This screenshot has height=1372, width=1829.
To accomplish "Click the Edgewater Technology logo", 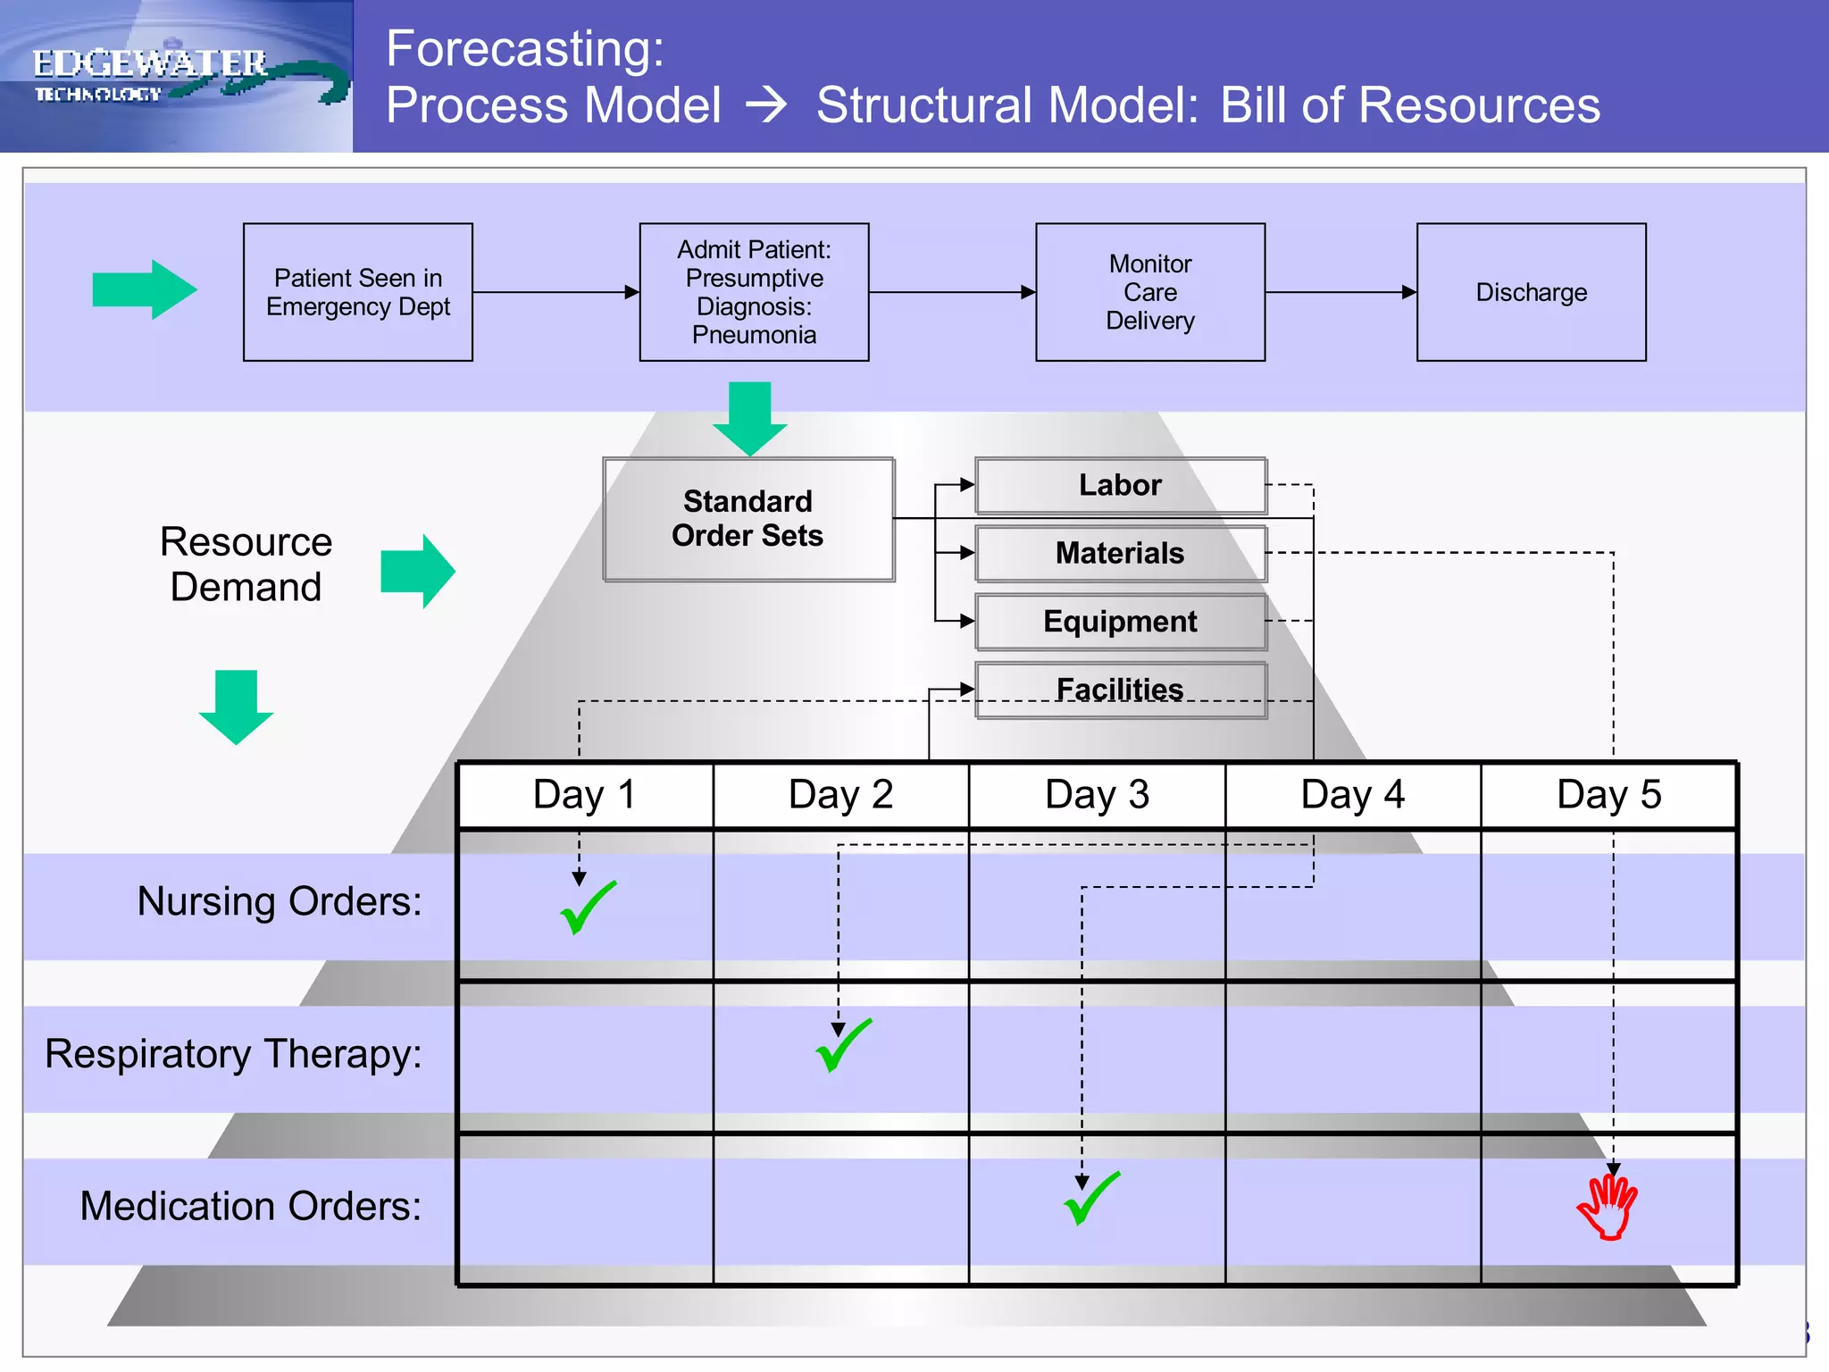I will pyautogui.click(x=177, y=76).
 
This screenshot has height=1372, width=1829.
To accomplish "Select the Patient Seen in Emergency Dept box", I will pyautogui.click(x=358, y=292).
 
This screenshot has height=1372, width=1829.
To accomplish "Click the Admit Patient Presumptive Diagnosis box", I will pyautogui.click(x=754, y=292).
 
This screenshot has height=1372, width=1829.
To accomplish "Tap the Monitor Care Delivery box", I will pyautogui.click(x=1149, y=292).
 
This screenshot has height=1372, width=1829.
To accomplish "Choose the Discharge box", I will pyautogui.click(x=1531, y=292).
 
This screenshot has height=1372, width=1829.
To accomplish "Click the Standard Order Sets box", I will pyautogui.click(x=748, y=519).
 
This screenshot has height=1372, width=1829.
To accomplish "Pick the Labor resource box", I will pyautogui.click(x=1120, y=485).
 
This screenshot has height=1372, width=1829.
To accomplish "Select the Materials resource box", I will pyautogui.click(x=1120, y=554).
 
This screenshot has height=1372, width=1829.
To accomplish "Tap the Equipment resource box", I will pyautogui.click(x=1120, y=622).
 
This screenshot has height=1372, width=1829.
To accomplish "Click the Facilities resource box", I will pyautogui.click(x=1120, y=690).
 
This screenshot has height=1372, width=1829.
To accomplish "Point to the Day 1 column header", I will pyautogui.click(x=585, y=795).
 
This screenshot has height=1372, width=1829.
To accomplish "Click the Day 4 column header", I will pyautogui.click(x=1352, y=795).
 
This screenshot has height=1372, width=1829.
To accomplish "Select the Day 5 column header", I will pyautogui.click(x=1608, y=795).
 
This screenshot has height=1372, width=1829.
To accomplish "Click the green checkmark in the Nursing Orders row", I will pyautogui.click(x=587, y=908).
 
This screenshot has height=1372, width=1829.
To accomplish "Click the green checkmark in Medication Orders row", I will pyautogui.click(x=1090, y=1199).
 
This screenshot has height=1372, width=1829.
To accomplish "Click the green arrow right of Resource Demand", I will pyautogui.click(x=418, y=572).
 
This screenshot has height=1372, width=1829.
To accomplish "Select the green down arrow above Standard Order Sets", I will pyautogui.click(x=750, y=418).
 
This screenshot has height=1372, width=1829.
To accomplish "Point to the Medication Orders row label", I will pyautogui.click(x=250, y=1207).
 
